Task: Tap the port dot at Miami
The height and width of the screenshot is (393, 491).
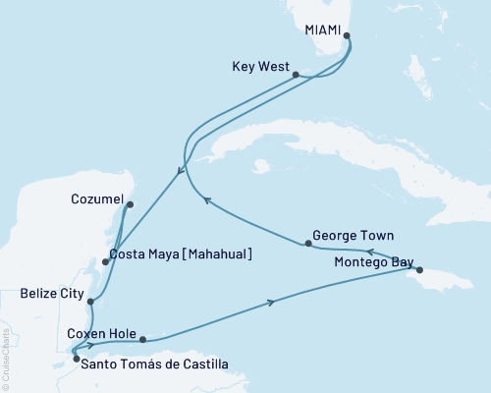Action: [x=346, y=38]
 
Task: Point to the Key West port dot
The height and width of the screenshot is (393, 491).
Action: [x=297, y=74]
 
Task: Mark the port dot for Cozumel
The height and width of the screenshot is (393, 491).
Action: [x=130, y=204]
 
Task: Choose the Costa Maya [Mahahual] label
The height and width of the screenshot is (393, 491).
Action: [x=182, y=254]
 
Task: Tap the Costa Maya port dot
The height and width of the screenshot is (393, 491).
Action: [x=106, y=261]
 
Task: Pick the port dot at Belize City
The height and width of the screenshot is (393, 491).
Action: [x=90, y=302]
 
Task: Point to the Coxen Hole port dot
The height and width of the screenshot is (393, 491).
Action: [x=144, y=340]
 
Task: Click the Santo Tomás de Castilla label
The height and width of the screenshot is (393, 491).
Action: [x=155, y=365]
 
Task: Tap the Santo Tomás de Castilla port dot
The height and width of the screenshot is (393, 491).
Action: [x=76, y=359]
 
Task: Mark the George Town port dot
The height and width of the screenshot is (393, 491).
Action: [x=308, y=243]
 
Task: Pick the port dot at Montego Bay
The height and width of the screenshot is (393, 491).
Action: [x=419, y=270]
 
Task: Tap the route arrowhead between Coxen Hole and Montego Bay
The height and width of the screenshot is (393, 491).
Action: [x=271, y=303]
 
